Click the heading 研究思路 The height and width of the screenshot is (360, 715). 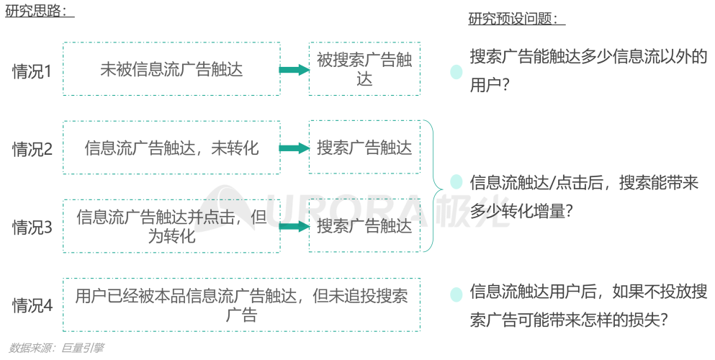point(40,12)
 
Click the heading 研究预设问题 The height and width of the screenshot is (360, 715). point(516,19)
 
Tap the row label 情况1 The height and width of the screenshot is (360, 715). point(32,71)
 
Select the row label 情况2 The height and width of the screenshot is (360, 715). point(32,149)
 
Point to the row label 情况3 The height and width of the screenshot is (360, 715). point(32,228)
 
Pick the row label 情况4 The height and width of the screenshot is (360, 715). point(32,305)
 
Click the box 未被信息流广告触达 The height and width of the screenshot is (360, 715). point(171,69)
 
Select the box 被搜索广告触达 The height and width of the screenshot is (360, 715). point(364,69)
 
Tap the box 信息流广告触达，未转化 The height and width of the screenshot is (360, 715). point(171,148)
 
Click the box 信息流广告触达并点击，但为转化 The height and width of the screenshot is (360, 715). point(171,226)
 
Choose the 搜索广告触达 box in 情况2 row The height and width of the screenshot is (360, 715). point(364,148)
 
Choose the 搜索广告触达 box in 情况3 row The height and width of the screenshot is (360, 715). point(364,226)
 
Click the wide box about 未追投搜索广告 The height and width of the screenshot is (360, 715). point(241,305)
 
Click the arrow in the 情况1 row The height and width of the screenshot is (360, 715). point(294,70)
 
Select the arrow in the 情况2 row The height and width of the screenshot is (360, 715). point(294,148)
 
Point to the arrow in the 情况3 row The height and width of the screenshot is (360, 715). point(294,226)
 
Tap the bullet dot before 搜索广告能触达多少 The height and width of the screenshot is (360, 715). point(456,72)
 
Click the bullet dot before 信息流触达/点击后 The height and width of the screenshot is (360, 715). point(456,182)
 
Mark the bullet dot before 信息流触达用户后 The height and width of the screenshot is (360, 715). point(456,294)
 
